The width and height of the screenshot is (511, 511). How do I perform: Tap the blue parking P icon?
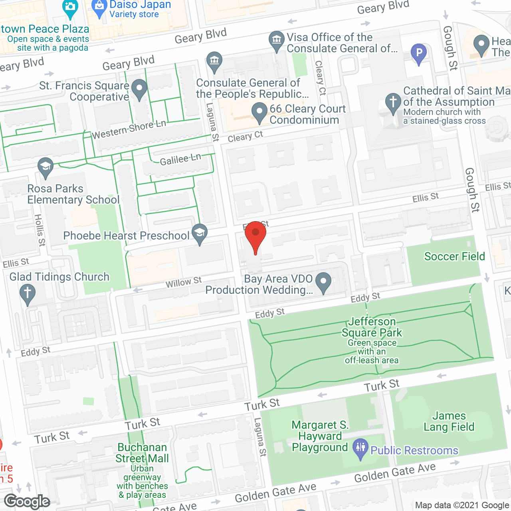[419, 53]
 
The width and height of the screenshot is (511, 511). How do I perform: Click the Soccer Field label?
[454, 256]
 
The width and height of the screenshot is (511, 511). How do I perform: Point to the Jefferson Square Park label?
[372, 327]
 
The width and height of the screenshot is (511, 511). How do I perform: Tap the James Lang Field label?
[449, 422]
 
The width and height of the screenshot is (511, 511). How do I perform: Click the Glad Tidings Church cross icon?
[28, 293]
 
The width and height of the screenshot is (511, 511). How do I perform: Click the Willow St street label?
[184, 282]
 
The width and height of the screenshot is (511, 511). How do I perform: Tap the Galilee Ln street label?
[180, 160]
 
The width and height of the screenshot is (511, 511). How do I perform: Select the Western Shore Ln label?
[129, 130]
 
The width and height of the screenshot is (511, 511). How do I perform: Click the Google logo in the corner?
[27, 501]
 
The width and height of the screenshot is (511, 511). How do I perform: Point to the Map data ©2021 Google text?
[462, 505]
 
